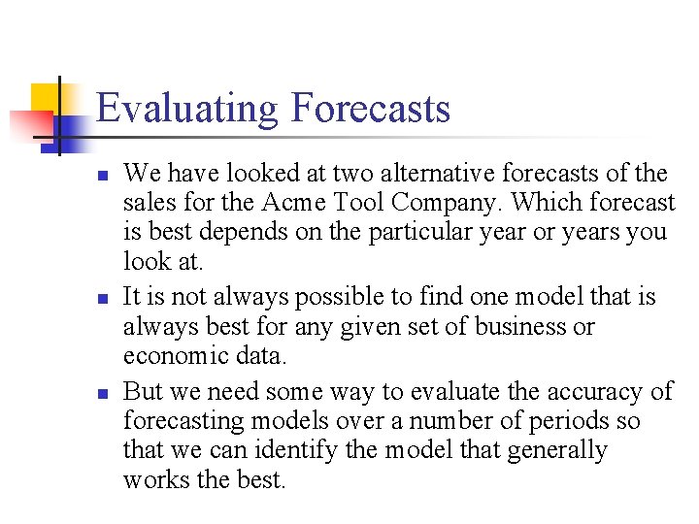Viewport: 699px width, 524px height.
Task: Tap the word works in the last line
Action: coord(152,479)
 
